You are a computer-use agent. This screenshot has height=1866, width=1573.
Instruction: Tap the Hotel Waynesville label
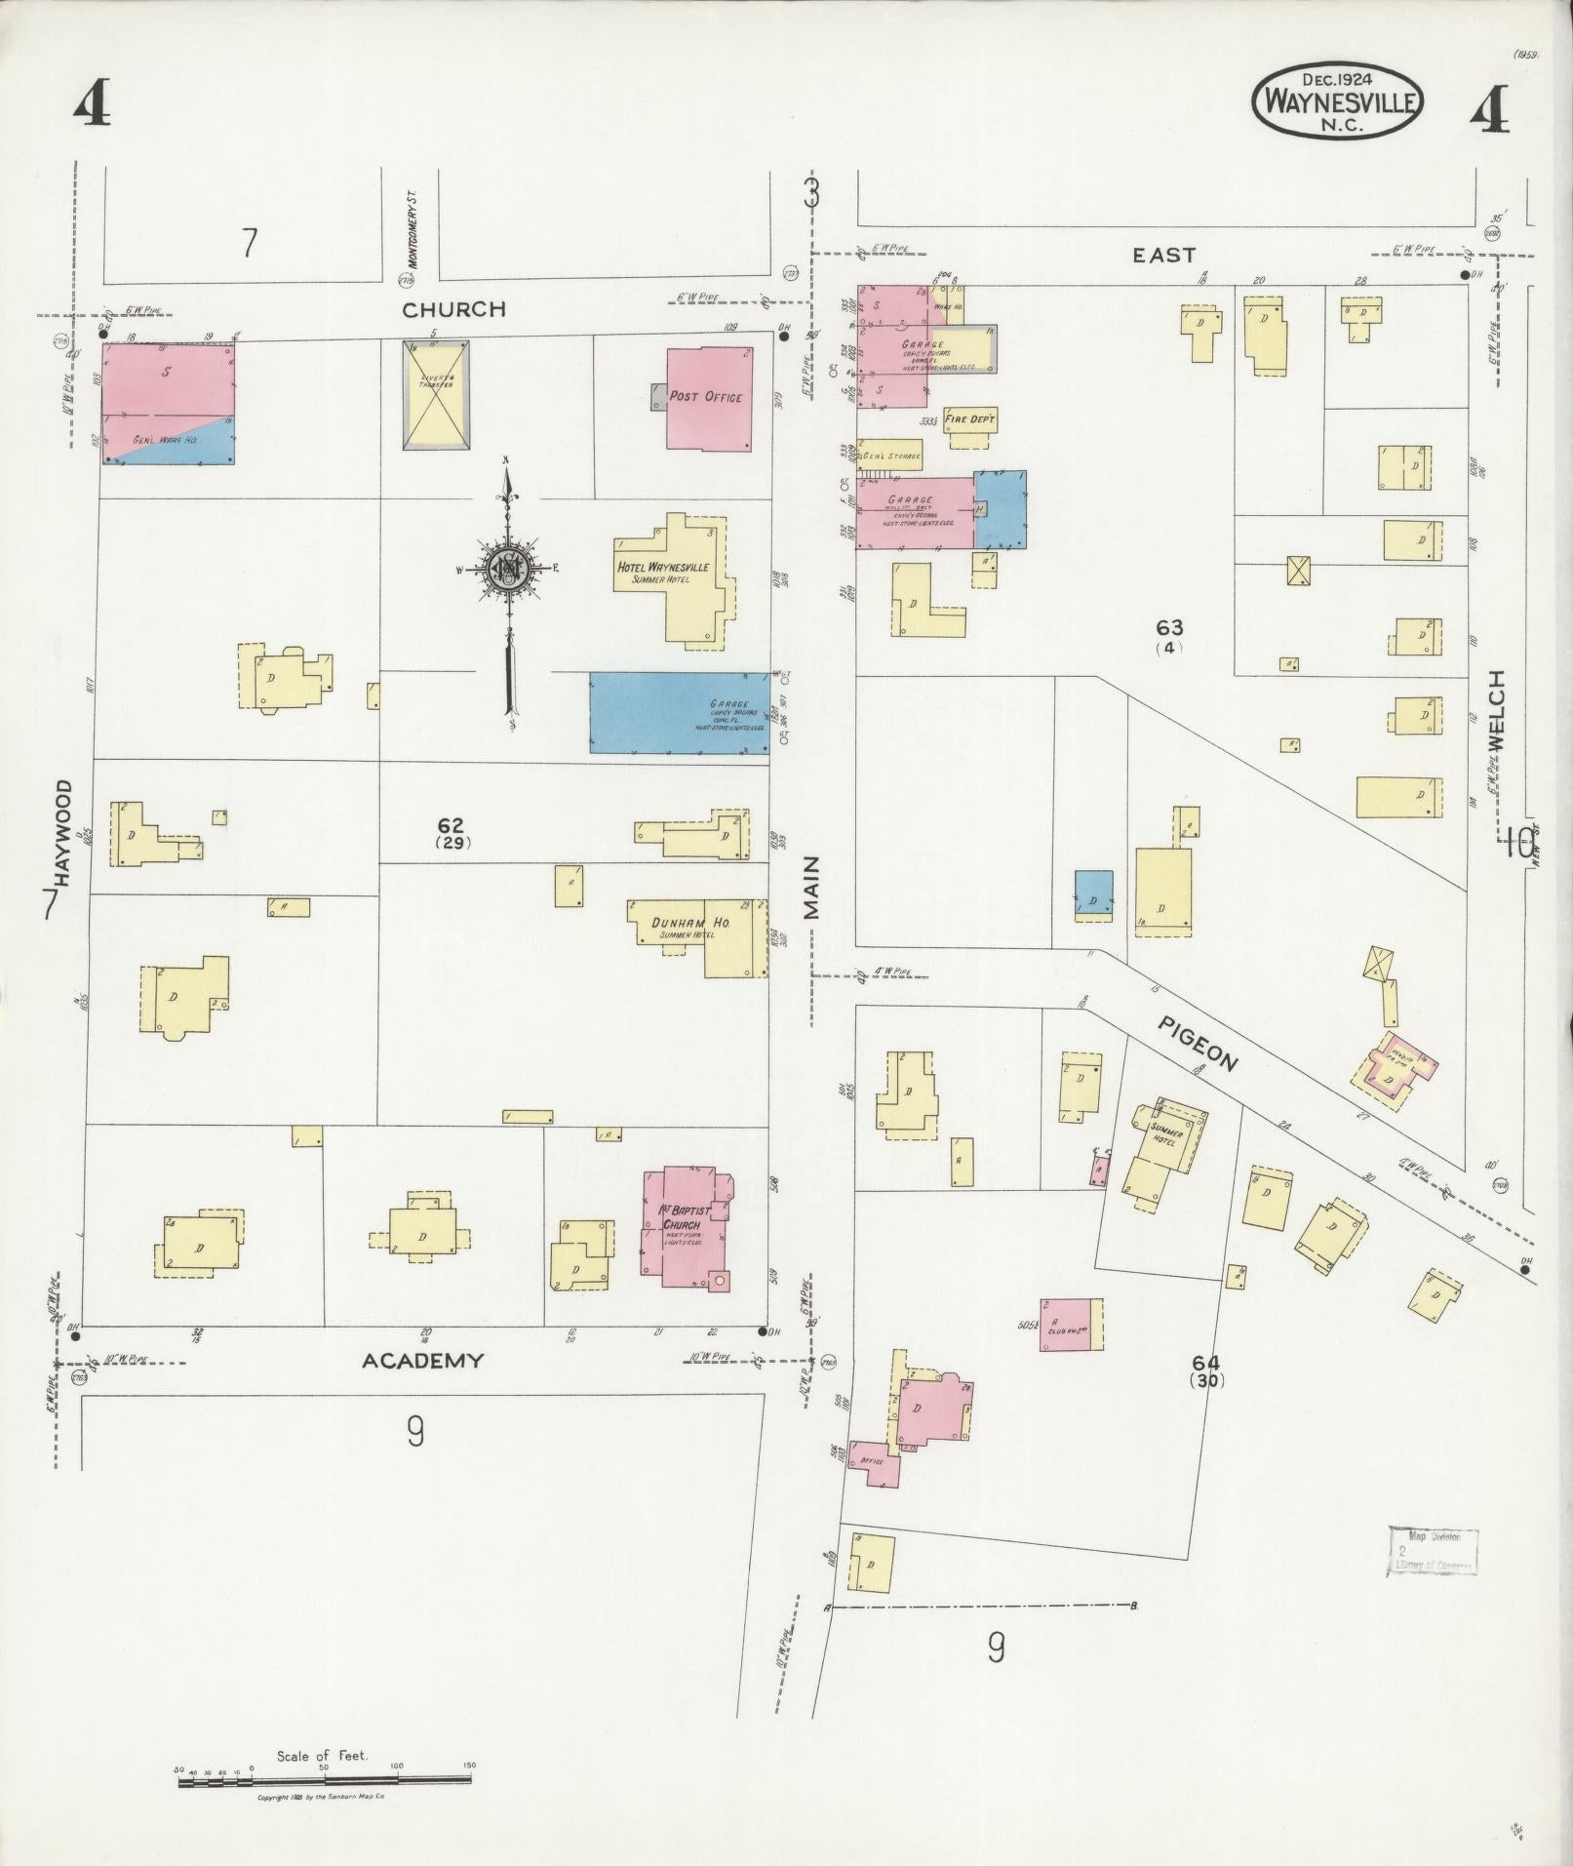[663, 568]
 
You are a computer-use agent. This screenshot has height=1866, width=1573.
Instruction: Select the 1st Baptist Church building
[683, 1224]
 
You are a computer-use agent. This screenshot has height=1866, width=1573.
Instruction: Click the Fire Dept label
[970, 419]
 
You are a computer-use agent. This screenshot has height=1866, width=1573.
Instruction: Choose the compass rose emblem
[508, 567]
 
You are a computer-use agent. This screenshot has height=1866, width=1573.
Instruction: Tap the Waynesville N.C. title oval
[1337, 101]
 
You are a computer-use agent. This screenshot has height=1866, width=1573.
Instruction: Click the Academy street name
[422, 1361]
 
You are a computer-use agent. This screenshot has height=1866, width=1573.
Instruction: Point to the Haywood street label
[64, 832]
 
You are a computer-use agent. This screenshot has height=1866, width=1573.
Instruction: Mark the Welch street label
[1496, 710]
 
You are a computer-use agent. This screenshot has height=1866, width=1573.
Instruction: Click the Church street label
[454, 309]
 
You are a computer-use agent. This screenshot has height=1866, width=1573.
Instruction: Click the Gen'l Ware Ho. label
[165, 441]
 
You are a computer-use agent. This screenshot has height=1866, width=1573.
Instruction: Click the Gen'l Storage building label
[887, 456]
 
